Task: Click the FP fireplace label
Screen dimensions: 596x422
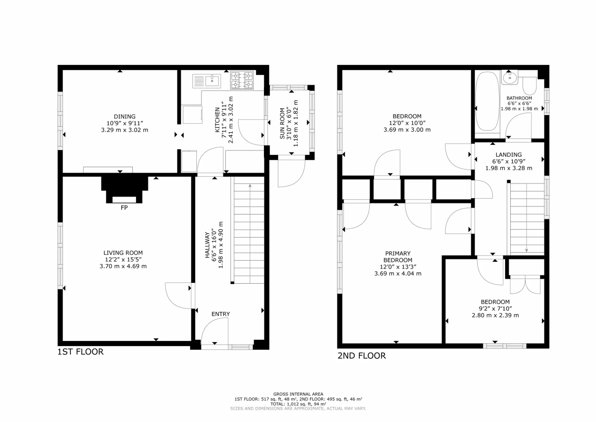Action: (124, 208)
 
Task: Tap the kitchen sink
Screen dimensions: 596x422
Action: (207, 81)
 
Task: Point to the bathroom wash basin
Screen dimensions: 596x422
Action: (509, 78)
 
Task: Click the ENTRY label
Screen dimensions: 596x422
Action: (221, 314)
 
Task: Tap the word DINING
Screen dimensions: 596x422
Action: (125, 117)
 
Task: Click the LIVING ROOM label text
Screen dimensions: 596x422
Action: (123, 253)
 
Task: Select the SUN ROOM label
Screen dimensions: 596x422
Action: (282, 124)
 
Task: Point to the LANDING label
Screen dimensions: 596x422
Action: (508, 155)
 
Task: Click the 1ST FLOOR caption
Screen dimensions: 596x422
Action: (81, 352)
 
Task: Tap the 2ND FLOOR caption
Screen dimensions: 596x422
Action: (362, 356)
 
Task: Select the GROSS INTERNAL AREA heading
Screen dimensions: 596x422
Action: (298, 394)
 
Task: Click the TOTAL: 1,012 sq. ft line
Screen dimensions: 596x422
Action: (298, 404)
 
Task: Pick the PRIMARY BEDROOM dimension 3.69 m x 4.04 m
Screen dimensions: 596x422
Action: (398, 274)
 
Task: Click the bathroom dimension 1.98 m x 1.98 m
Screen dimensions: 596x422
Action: (519, 109)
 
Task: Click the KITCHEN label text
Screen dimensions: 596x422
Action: (217, 120)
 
